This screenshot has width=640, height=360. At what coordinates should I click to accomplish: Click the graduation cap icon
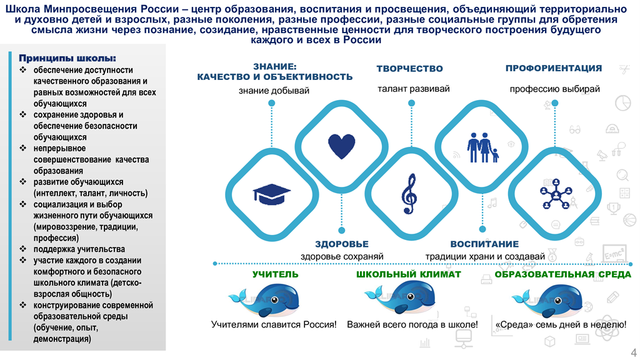pyautogui.click(x=271, y=194)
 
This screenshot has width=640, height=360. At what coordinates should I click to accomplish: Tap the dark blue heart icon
pyautogui.click(x=342, y=146)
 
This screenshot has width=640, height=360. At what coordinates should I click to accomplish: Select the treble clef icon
pyautogui.click(x=409, y=194)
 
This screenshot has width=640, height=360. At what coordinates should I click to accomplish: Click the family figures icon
pyautogui.click(x=482, y=147)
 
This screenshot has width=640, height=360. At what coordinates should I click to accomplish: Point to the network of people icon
pyautogui.click(x=556, y=194)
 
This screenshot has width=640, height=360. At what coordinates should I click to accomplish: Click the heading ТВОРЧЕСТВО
pyautogui.click(x=409, y=69)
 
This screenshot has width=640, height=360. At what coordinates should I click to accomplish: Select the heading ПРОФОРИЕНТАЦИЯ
pyautogui.click(x=554, y=68)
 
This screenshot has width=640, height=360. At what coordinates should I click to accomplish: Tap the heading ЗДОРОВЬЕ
pyautogui.click(x=342, y=244)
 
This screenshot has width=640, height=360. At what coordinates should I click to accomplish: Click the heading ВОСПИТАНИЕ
pyautogui.click(x=484, y=244)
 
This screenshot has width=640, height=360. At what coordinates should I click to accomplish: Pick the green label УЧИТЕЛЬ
pyautogui.click(x=275, y=274)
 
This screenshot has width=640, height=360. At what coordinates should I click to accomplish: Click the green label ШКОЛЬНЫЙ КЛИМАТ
pyautogui.click(x=409, y=274)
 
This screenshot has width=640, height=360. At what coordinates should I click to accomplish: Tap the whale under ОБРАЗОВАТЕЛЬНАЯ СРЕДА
pyautogui.click(x=547, y=300)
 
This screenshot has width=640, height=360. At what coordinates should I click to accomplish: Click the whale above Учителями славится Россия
pyautogui.click(x=264, y=300)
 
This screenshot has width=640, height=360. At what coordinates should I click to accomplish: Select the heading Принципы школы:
pyautogui.click(x=67, y=58)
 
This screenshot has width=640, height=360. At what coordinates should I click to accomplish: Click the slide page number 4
pyautogui.click(x=634, y=352)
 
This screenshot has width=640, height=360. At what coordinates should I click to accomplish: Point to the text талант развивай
pyautogui.click(x=414, y=89)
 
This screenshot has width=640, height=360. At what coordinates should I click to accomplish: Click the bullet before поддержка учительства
pyautogui.click(x=23, y=249)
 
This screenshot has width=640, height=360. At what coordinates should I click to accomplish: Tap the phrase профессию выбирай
pyautogui.click(x=555, y=89)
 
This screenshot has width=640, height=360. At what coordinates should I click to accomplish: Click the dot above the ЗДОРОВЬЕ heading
pyautogui.click(x=342, y=230)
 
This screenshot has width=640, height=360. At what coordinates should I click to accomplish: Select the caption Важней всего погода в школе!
pyautogui.click(x=412, y=324)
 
